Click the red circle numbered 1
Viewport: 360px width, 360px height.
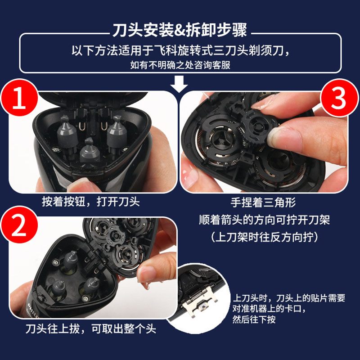tap(19, 98)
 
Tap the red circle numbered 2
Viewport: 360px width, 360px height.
tap(19, 225)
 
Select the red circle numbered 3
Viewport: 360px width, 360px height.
tap(339, 98)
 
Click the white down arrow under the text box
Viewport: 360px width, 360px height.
tap(179, 84)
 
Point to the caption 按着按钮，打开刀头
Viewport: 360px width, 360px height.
tap(91, 202)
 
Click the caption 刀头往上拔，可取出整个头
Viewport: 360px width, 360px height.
tap(91, 328)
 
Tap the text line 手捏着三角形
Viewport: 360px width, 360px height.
tap(263, 202)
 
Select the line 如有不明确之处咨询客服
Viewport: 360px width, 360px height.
tap(180, 65)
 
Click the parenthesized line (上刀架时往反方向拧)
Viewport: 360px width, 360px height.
tap(264, 237)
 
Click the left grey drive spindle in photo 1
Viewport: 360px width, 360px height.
tap(67, 134)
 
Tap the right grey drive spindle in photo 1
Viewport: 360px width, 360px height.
tap(117, 134)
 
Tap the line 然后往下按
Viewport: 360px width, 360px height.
tap(254, 319)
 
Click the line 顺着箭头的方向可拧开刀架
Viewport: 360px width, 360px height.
tap(264, 220)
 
